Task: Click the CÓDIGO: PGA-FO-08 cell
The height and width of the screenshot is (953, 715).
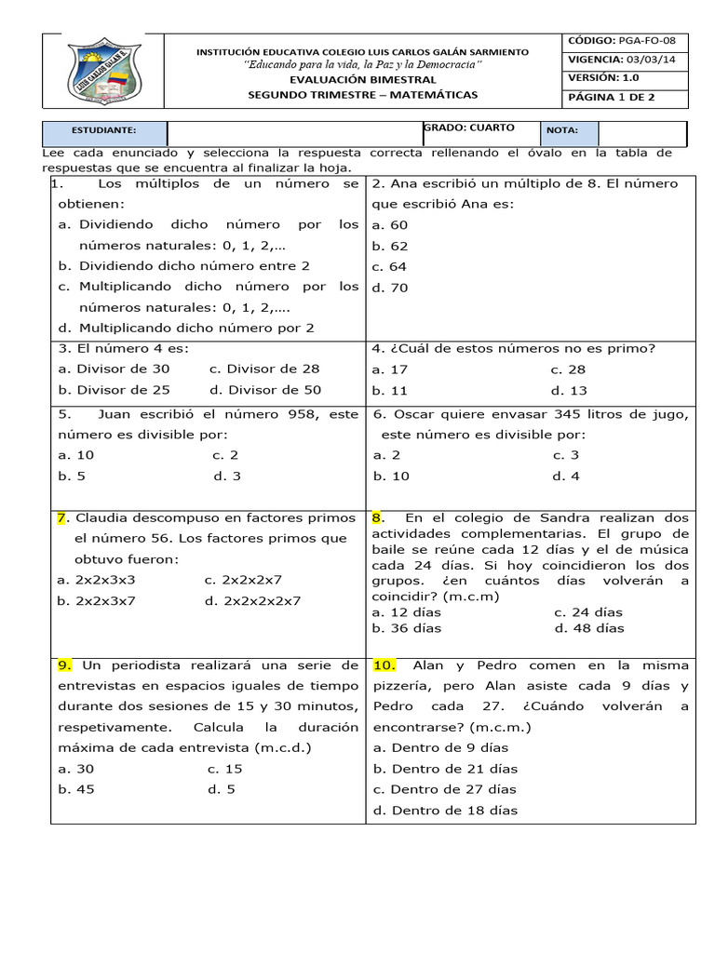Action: pyautogui.click(x=627, y=41)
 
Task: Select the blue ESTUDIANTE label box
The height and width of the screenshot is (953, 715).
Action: pyautogui.click(x=104, y=131)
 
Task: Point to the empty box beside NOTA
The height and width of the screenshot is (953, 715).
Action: pyautogui.click(x=642, y=133)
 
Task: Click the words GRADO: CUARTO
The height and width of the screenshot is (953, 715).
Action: pyautogui.click(x=469, y=128)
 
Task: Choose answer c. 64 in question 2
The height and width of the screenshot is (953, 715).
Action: pyautogui.click(x=390, y=267)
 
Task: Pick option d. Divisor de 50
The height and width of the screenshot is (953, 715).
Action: pyautogui.click(x=265, y=390)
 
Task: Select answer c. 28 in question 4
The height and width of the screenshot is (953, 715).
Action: pyautogui.click(x=568, y=369)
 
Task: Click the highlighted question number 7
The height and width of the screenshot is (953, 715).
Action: pyautogui.click(x=61, y=517)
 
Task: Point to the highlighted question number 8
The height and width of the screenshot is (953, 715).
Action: pyautogui.click(x=377, y=517)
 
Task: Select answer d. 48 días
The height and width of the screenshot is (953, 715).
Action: pyautogui.click(x=588, y=628)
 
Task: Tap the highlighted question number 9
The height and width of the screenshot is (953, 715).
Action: pyautogui.click(x=64, y=665)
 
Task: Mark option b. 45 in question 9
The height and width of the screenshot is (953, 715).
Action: pyautogui.click(x=76, y=789)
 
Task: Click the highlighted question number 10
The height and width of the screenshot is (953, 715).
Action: pyautogui.click(x=384, y=665)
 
